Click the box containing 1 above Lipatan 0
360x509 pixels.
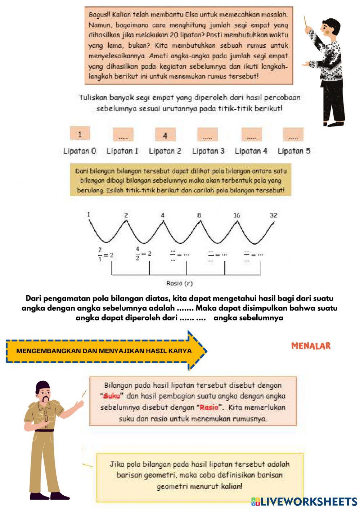point(80,135)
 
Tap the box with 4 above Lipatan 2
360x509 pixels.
point(165,135)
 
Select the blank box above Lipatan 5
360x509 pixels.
point(293,135)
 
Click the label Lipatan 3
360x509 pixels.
point(208,151)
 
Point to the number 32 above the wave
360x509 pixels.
point(274,215)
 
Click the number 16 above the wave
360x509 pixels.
point(237,215)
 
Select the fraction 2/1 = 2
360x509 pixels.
point(105,254)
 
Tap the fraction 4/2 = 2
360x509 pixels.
point(143,253)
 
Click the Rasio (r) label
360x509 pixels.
point(179,283)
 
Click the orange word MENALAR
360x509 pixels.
point(311,346)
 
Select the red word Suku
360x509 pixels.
point(112,396)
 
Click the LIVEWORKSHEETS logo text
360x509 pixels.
point(308,501)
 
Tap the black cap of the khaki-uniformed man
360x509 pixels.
point(42,385)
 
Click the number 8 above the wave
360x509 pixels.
point(199,215)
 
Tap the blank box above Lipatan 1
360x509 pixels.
point(123,135)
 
